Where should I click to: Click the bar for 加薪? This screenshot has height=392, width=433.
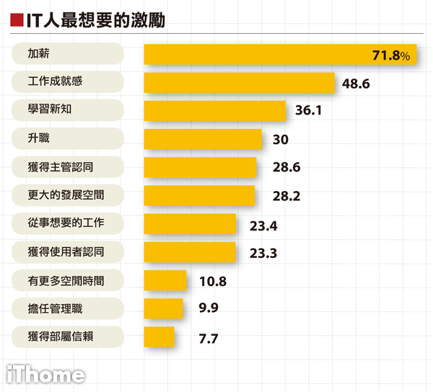280,55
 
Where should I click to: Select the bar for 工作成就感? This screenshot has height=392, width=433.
240,83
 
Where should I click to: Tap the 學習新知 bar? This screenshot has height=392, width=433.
215,111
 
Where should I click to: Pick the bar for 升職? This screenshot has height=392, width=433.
203,139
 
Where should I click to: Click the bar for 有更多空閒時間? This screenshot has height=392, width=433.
165,280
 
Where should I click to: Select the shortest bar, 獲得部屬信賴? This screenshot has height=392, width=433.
159,337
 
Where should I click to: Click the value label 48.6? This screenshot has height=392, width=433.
356,84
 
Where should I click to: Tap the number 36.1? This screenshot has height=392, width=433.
307,112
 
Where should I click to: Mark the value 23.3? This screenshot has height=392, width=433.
263,253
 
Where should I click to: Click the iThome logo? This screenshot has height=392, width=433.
45,375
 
